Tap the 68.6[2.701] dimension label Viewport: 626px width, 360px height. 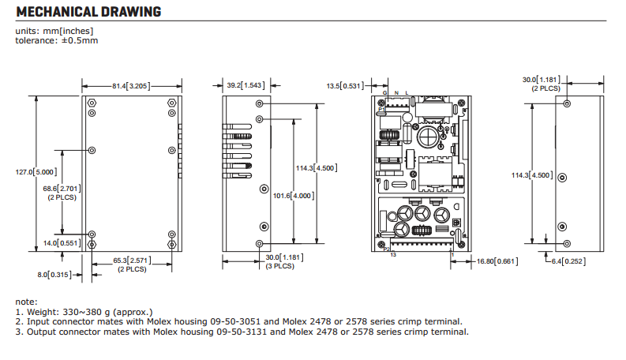click(x=63, y=188)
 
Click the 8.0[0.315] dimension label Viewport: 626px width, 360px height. click(x=53, y=274)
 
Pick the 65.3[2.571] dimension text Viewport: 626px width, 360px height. click(x=131, y=260)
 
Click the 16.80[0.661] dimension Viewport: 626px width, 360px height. click(x=496, y=261)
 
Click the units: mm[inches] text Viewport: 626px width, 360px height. click(x=54, y=32)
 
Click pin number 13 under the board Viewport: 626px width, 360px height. click(x=392, y=256)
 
